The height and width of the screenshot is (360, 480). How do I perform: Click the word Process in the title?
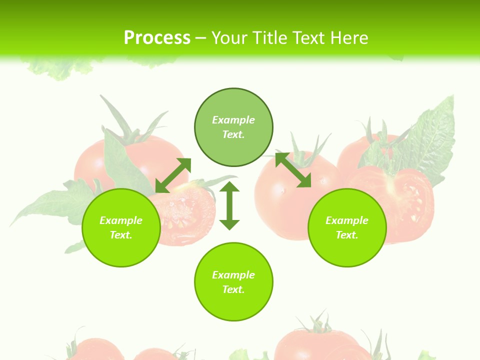tap(157, 38)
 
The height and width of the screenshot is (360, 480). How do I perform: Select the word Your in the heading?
tap(230, 38)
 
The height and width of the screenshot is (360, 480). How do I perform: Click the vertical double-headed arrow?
tap(229, 205)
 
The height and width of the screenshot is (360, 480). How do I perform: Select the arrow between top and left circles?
tap(173, 175)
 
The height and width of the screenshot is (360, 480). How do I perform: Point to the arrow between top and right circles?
tap(293, 170)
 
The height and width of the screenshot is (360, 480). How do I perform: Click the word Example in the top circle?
tap(233, 120)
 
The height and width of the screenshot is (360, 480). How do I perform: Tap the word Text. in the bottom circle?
tap(233, 289)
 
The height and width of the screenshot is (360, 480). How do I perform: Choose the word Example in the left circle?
tap(121, 220)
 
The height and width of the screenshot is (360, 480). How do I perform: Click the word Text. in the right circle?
tap(347, 235)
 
